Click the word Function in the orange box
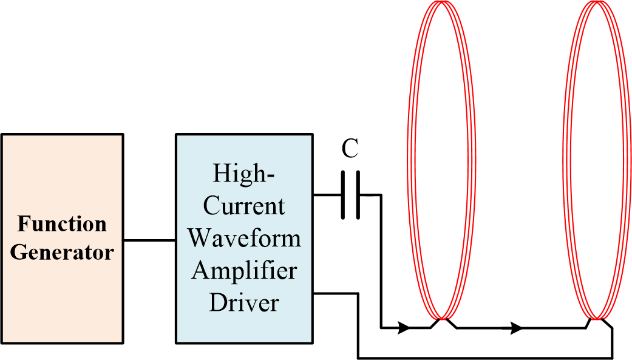pyautogui.click(x=62, y=224)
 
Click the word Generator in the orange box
pyautogui.click(x=62, y=251)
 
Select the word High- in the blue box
pyautogui.click(x=244, y=174)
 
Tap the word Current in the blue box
pyautogui.click(x=244, y=206)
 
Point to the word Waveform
pyautogui.click(x=244, y=237)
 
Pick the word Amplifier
pyautogui.click(x=244, y=270)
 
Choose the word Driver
pyautogui.click(x=244, y=302)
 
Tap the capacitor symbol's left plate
pyautogui.click(x=344, y=195)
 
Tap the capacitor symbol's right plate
pyautogui.click(x=358, y=195)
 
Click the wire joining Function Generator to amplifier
pyautogui.click(x=149, y=240)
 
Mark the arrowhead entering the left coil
pyautogui.click(x=403, y=328)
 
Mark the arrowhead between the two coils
pyautogui.click(x=517, y=328)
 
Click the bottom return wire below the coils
pyautogui.click(x=486, y=356)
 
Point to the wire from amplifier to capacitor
pyautogui.click(x=328, y=195)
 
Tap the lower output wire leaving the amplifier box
pyautogui.click(x=336, y=293)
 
